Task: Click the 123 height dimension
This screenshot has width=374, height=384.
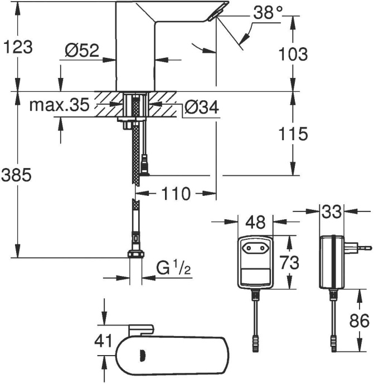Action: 18,48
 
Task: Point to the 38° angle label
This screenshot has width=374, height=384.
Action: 260,13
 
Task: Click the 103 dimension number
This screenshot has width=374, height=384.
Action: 293,54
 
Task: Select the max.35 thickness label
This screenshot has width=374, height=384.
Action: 59,105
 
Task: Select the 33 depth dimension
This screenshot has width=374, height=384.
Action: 332,211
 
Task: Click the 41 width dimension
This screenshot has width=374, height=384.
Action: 104,341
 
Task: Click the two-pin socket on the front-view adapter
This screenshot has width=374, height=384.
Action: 256,245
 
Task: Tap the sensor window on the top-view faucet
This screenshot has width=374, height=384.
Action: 143,355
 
